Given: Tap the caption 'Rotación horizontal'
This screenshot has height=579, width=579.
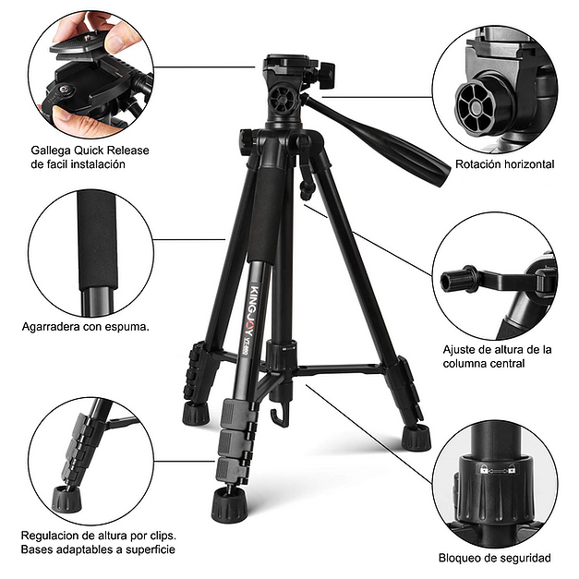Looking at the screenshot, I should [504, 164].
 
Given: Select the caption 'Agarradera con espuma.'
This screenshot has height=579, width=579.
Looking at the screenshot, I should [86, 326].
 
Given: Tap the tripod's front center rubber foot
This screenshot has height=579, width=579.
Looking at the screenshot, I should [227, 503].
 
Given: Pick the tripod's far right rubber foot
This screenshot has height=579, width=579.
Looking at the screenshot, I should [417, 436].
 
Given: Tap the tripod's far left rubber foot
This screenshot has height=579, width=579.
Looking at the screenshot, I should [195, 413].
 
